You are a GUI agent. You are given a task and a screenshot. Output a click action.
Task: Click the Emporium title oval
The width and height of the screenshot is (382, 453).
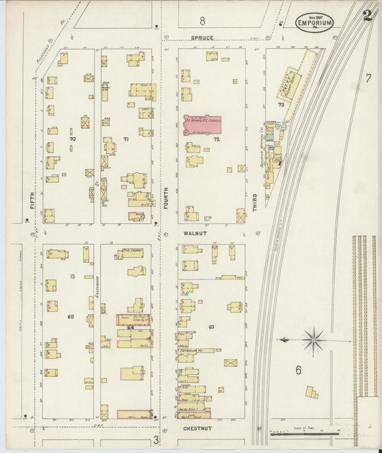(x=314, y=22)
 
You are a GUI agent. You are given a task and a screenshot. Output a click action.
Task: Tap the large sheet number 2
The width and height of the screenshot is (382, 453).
(x=367, y=16)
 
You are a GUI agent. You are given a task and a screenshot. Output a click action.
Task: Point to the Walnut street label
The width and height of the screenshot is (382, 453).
(x=195, y=234)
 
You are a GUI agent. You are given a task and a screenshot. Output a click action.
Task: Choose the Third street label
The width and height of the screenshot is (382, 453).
(x=254, y=200)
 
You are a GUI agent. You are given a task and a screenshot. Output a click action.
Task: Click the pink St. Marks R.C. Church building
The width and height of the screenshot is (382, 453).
(x=203, y=124)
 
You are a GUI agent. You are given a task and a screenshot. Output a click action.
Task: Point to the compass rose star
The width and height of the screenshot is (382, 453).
(x=313, y=340)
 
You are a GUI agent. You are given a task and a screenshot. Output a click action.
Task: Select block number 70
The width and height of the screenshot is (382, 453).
(x=72, y=138)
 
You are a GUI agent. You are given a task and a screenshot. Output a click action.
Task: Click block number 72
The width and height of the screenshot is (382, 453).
(x=215, y=140)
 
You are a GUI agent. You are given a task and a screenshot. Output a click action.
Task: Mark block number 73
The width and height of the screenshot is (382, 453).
(x=282, y=105)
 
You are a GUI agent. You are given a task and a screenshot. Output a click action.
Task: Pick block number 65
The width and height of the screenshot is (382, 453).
(x=71, y=316)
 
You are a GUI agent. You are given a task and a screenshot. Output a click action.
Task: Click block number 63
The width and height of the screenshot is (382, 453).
(x=211, y=326)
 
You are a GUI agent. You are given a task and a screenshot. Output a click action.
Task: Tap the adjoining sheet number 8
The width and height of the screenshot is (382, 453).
(x=202, y=20)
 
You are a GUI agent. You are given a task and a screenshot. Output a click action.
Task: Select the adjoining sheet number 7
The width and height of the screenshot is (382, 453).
(x=368, y=78)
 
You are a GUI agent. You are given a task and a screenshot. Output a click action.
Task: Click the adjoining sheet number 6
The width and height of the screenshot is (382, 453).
(x=297, y=370)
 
